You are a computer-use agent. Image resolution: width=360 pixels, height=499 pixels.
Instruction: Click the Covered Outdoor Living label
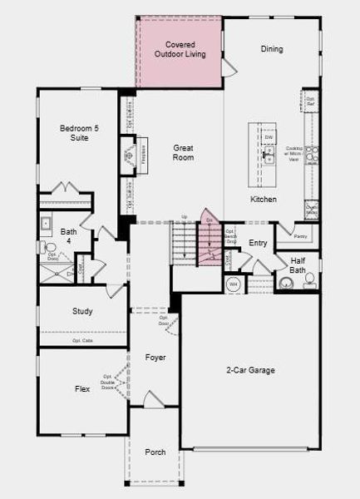180,48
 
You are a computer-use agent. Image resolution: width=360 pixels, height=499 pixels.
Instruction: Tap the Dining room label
271,49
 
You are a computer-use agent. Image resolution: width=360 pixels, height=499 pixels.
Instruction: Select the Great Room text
183,152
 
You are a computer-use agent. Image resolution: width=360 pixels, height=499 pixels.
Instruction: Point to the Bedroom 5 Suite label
74,132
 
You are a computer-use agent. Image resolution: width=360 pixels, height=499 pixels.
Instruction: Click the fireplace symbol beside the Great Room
129,155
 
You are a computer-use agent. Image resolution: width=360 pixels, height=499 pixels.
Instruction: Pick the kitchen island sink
268,155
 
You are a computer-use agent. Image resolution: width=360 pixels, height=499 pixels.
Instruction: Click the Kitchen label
264,200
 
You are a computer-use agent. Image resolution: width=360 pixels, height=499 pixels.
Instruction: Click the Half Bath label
298,264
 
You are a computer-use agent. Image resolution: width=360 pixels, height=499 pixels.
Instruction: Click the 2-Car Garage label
250,370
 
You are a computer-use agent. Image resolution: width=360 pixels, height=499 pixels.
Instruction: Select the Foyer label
155,358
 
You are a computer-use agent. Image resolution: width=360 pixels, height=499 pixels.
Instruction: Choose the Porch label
155,452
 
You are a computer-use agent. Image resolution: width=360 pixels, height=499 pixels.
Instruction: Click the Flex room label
81,388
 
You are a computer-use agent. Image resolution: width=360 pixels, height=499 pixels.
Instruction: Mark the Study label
82,311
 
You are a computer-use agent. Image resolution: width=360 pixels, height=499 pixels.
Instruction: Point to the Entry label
258,243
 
